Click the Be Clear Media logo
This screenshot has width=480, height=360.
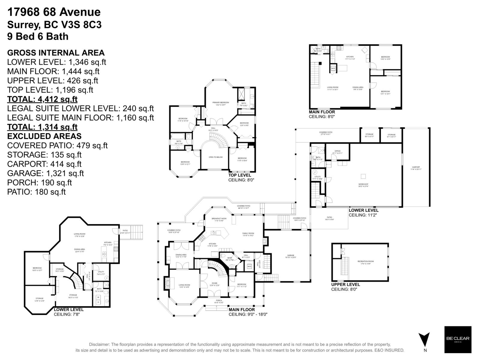pyautogui.click(x=457, y=340)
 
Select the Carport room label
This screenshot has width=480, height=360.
pyautogui.click(x=416, y=168)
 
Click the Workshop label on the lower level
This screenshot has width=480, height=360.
pyautogui.click(x=363, y=185)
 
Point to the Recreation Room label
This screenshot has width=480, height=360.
pyautogui.click(x=366, y=262)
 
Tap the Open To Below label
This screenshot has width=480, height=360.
pyautogui.click(x=216, y=157)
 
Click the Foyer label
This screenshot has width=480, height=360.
pyautogui.click(x=214, y=284)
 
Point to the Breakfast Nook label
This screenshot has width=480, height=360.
pyautogui.click(x=219, y=219)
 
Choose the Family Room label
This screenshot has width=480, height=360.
pyautogui.click(x=248, y=234)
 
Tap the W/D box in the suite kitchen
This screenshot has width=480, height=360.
pyautogui.click(x=333, y=68)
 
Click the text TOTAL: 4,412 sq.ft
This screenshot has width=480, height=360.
pyautogui.click(x=42, y=99)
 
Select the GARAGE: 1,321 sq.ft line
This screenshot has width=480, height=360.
pyautogui.click(x=45, y=173)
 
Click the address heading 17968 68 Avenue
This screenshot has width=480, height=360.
pyautogui.click(x=54, y=12)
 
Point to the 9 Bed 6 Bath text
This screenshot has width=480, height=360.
pyautogui.click(x=38, y=36)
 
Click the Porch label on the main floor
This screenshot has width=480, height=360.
pyautogui.click(x=219, y=301)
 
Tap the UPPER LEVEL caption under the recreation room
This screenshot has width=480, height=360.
pyautogui.click(x=345, y=284)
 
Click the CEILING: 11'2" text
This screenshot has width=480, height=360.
pyautogui.click(x=362, y=215)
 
